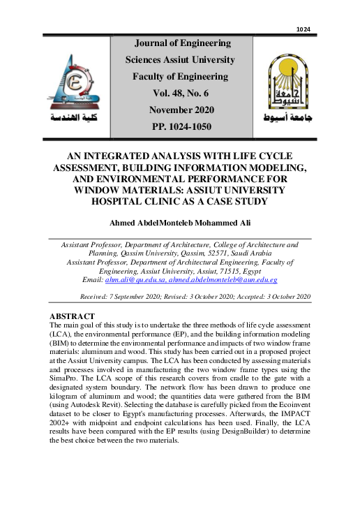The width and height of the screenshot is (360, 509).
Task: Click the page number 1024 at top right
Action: pyautogui.click(x=303, y=29)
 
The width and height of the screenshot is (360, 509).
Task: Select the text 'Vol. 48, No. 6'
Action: pyautogui.click(x=181, y=93)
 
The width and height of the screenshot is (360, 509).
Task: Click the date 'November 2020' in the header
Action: pyautogui.click(x=181, y=110)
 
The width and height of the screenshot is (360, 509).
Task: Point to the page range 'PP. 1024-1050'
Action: pyautogui.click(x=181, y=126)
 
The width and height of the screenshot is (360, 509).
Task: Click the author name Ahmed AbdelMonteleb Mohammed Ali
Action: pyautogui.click(x=180, y=223)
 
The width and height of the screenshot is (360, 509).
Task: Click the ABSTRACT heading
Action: pyautogui.click(x=72, y=316)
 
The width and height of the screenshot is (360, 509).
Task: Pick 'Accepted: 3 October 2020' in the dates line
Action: pyautogui.click(x=269, y=297)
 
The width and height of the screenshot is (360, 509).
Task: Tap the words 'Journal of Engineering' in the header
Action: pyautogui.click(x=181, y=43)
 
